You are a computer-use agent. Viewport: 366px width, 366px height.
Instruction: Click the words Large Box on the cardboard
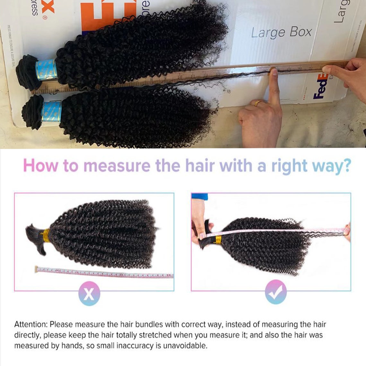click(281, 32)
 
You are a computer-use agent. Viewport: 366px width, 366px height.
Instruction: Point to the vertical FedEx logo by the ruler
click(321, 86)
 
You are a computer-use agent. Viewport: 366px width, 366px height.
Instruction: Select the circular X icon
click(89, 293)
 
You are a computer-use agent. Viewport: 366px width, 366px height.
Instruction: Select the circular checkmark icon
click(276, 292)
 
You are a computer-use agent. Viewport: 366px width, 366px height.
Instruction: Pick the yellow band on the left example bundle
click(46, 236)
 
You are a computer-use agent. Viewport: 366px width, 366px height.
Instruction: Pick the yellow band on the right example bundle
click(219, 240)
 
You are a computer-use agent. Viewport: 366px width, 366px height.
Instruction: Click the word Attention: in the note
click(30, 325)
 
